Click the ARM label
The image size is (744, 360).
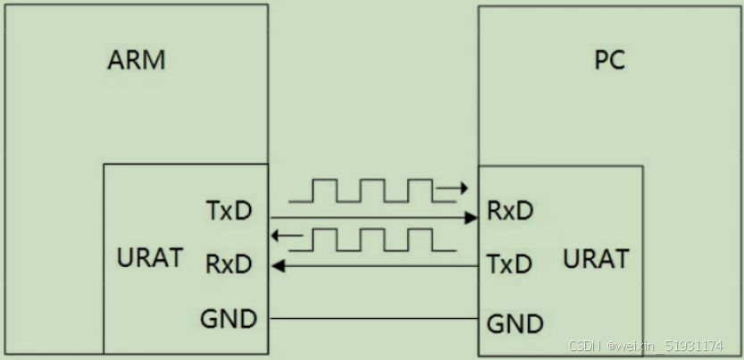137,61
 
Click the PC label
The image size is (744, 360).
609,61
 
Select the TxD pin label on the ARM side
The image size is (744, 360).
229,212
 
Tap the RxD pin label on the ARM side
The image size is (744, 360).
229,264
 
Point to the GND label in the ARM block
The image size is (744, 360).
230,318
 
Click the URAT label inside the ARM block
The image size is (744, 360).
150,258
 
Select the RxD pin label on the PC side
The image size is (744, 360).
510,211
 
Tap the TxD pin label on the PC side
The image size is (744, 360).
510,264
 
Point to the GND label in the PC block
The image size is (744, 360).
514,322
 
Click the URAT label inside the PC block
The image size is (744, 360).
596,259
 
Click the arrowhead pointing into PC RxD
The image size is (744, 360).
472,217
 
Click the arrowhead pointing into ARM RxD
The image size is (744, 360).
277,265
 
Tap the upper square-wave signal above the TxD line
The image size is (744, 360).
371,191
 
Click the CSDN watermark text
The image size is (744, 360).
646,346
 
